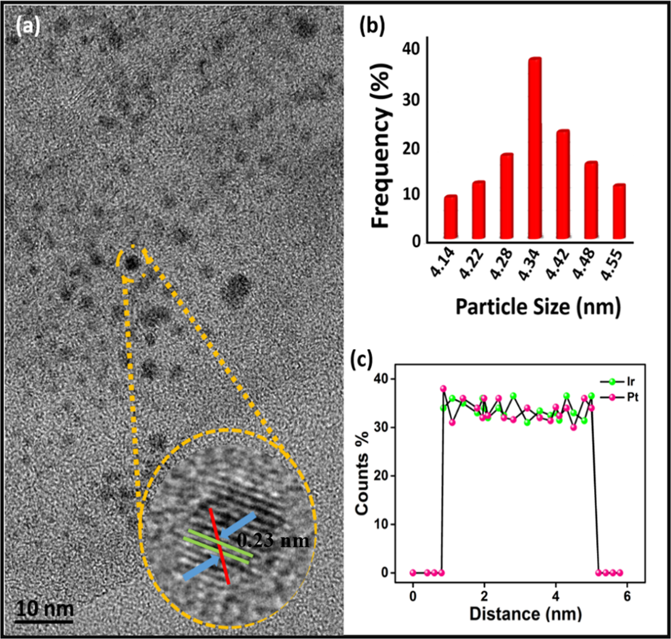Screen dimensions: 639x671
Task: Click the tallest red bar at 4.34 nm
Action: coord(534,148)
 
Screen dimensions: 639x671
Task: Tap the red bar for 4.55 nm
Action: coord(619,211)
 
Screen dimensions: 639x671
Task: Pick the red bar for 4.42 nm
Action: coord(563,184)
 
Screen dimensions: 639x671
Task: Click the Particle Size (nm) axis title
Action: coord(538,307)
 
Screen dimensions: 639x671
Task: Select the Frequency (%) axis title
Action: coord(380,146)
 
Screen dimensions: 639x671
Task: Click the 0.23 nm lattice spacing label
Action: coord(273,540)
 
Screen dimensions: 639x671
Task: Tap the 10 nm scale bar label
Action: coord(44,609)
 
